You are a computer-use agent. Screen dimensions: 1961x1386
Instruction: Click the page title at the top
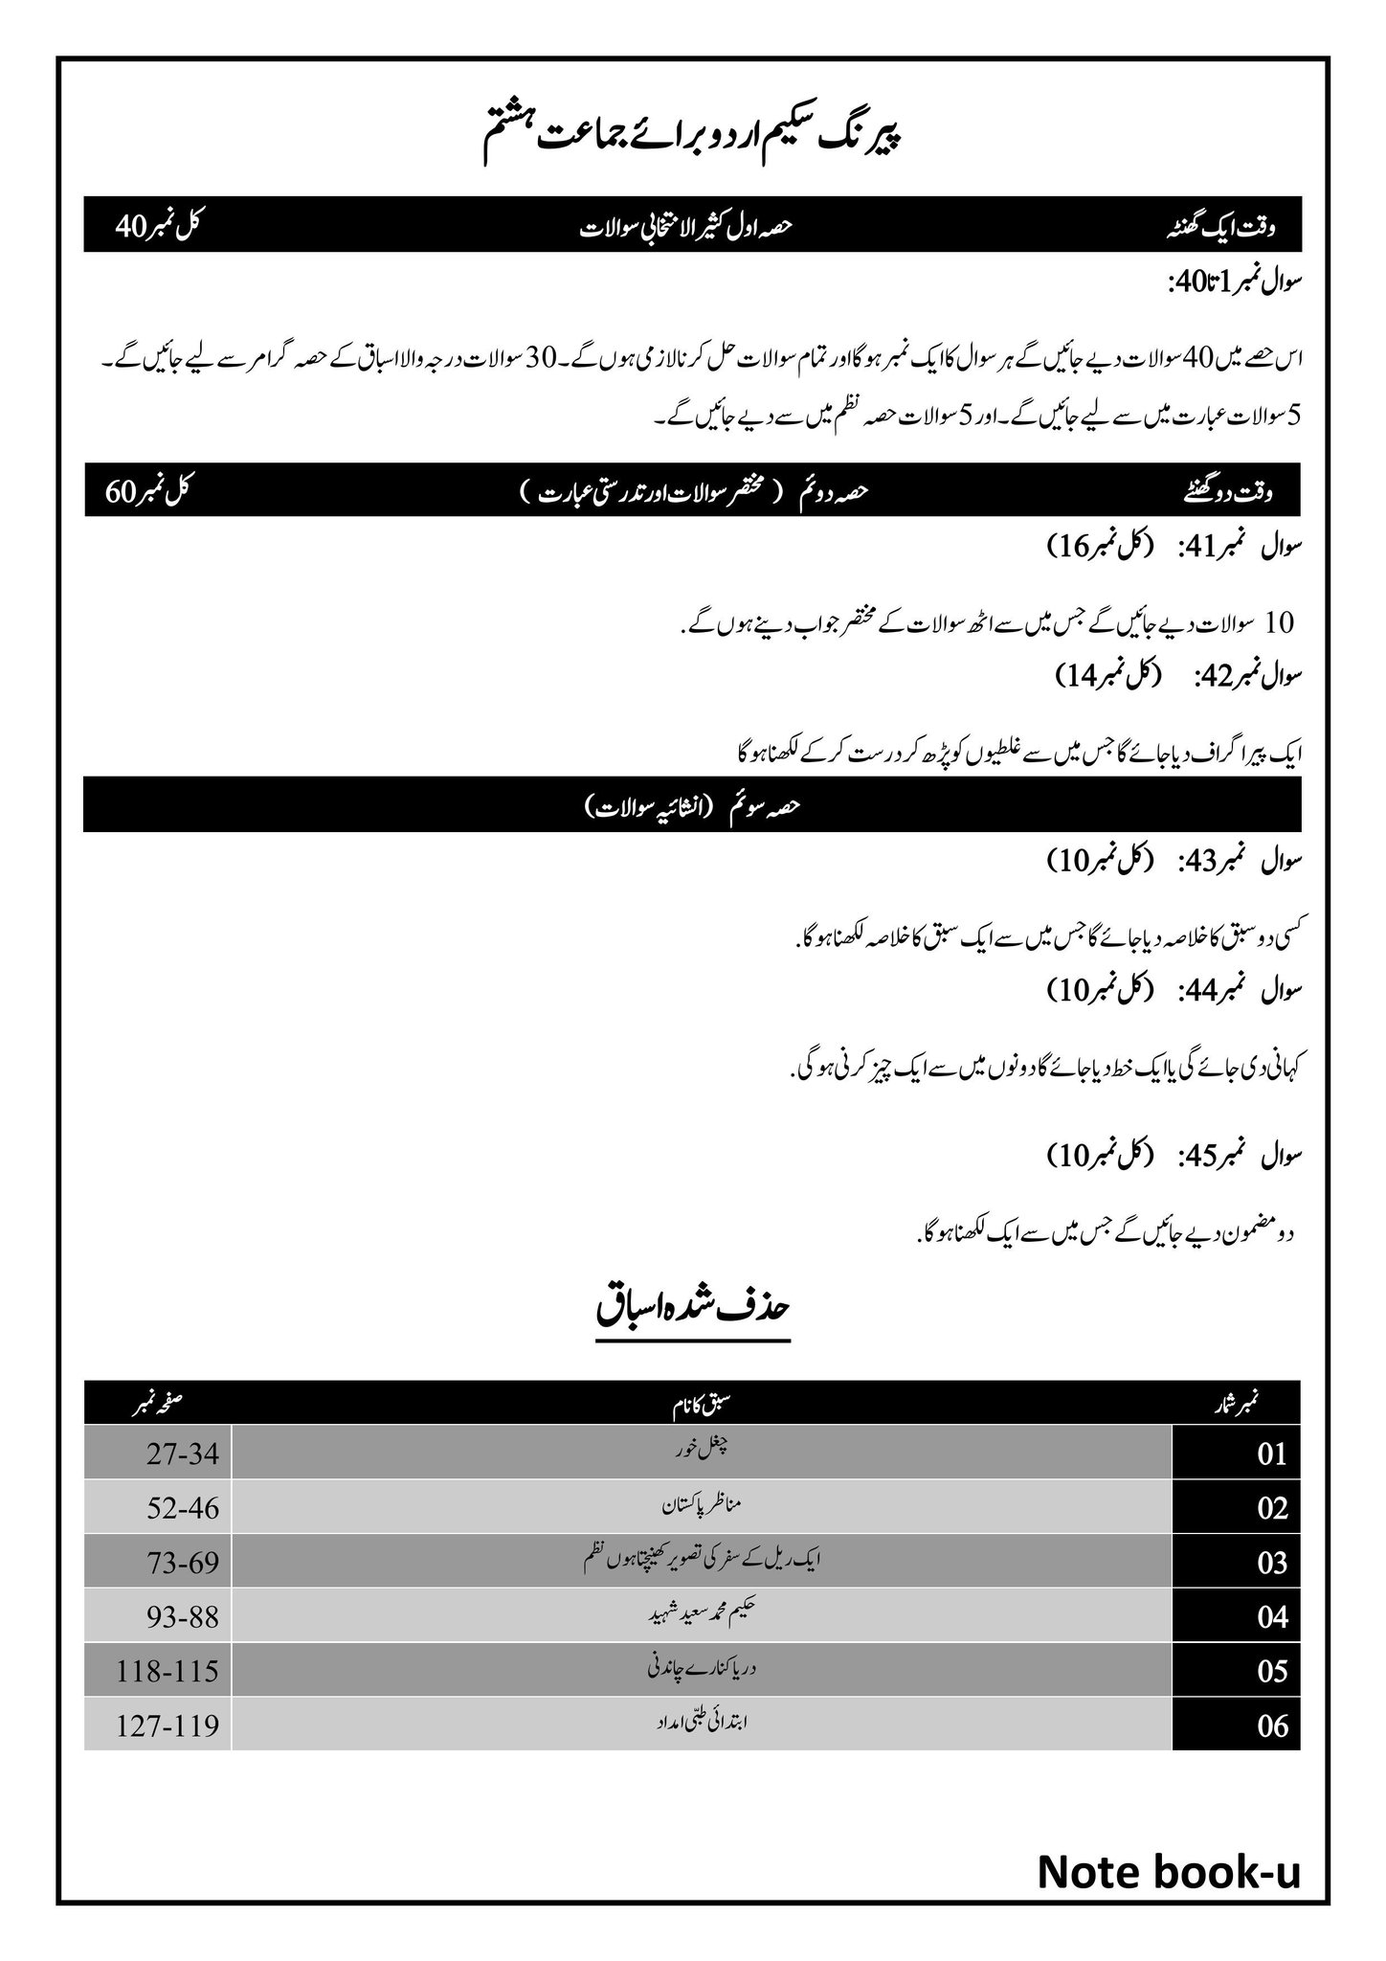click(692, 135)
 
